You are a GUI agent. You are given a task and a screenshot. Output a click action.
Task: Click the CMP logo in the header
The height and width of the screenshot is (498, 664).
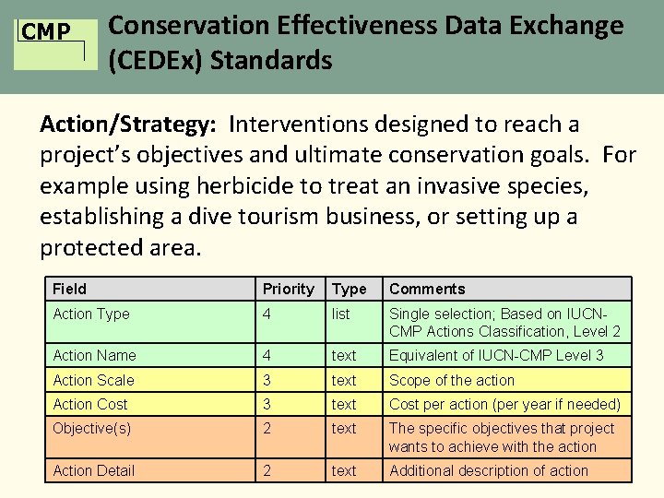click(x=47, y=34)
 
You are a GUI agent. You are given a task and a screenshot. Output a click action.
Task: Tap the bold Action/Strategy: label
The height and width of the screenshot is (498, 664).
click(x=129, y=125)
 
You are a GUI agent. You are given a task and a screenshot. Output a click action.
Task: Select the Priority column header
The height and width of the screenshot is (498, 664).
click(x=288, y=290)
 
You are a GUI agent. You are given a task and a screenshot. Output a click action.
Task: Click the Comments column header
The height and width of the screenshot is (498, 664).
click(x=427, y=290)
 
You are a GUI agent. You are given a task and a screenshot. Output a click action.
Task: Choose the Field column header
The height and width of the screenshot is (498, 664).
click(x=70, y=290)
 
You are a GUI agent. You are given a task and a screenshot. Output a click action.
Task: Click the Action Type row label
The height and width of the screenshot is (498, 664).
click(x=91, y=314)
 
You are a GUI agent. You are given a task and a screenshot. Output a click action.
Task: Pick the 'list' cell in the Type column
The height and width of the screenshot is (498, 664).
click(x=341, y=314)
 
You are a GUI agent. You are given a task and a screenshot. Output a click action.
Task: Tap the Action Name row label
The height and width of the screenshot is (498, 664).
click(x=94, y=356)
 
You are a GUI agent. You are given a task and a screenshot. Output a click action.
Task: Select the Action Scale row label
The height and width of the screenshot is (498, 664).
click(x=93, y=380)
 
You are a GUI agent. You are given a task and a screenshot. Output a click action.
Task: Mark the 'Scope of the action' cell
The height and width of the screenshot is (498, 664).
click(x=452, y=380)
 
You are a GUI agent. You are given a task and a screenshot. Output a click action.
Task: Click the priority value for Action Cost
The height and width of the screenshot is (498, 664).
click(x=267, y=404)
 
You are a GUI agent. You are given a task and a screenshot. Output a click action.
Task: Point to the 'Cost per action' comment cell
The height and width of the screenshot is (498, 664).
click(x=504, y=404)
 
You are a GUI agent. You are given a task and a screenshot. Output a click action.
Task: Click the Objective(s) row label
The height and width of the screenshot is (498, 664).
click(x=92, y=428)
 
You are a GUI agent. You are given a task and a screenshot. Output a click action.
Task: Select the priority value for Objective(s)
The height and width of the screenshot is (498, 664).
click(x=267, y=428)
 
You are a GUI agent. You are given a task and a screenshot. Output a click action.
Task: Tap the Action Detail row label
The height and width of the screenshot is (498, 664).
click(x=94, y=470)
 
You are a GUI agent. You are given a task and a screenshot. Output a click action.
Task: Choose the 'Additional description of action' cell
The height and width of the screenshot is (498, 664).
click(x=488, y=470)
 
